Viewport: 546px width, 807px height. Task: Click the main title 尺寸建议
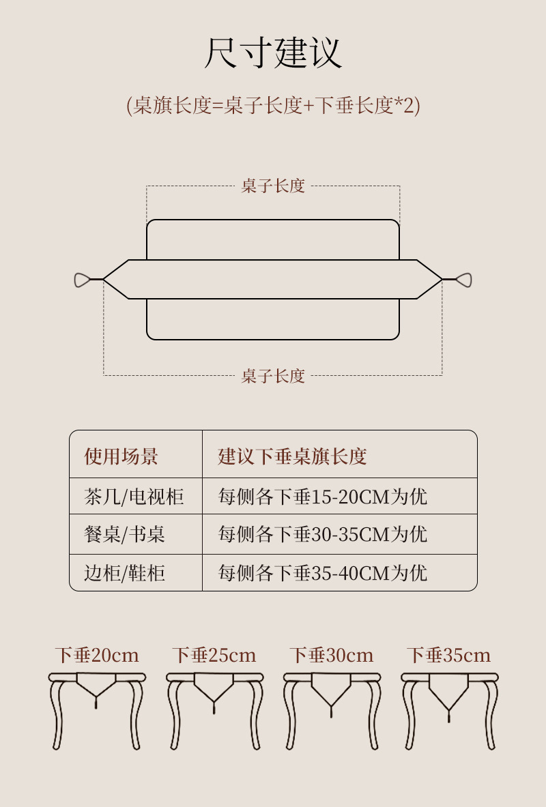click(x=273, y=53)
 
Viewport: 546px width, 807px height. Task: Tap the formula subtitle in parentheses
click(x=273, y=106)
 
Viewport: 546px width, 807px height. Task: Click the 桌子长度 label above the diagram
click(x=273, y=186)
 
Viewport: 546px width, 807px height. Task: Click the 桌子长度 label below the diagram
click(x=273, y=376)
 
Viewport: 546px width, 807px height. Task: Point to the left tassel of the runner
click(x=83, y=280)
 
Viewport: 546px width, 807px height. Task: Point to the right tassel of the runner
click(x=463, y=280)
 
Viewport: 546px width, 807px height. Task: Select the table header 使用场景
click(x=121, y=456)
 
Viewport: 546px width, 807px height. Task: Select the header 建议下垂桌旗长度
click(x=292, y=456)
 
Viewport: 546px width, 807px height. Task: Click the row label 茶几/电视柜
click(x=134, y=496)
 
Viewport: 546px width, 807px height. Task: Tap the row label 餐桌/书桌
click(x=124, y=533)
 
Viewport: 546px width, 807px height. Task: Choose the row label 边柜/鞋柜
click(x=124, y=572)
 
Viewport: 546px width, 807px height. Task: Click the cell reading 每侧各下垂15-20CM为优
click(x=322, y=496)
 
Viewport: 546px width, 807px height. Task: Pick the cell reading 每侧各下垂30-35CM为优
click(x=322, y=533)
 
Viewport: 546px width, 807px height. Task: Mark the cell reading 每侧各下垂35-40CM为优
click(x=322, y=572)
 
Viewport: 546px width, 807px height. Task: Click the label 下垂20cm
click(x=97, y=656)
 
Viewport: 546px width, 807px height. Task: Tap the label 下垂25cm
click(x=214, y=656)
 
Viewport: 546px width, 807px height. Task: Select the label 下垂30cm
click(x=332, y=656)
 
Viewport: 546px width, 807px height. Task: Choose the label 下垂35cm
click(x=449, y=656)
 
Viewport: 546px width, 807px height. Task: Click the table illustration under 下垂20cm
click(x=97, y=709)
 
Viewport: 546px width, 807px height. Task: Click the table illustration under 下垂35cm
click(x=449, y=709)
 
